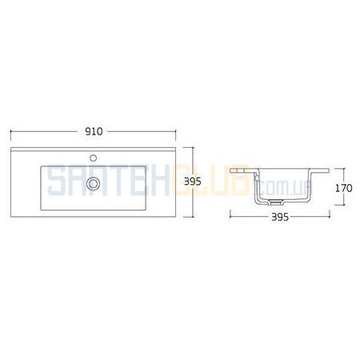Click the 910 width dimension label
pyautogui.click(x=94, y=131)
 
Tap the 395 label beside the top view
pyautogui.click(x=193, y=182)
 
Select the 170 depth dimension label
pyautogui.click(x=344, y=188)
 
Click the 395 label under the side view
pyautogui.click(x=280, y=217)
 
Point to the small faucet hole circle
pyautogui.click(x=93, y=158)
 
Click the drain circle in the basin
pyautogui.click(x=93, y=184)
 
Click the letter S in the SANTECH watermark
pyautogui.click(x=57, y=181)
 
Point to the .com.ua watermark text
pyautogui.click(x=286, y=187)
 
